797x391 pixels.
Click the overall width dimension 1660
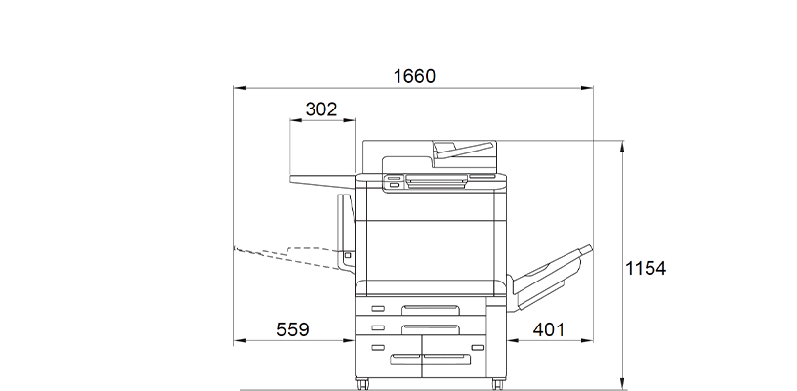pyautogui.click(x=413, y=76)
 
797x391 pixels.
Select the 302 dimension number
pyautogui.click(x=321, y=109)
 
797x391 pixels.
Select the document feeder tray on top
pyautogui.click(x=463, y=149)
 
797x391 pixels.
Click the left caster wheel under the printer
pyautogui.click(x=363, y=382)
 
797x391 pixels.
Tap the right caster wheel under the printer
pyautogui.click(x=498, y=382)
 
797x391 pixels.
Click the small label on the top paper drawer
pyautogui.click(x=378, y=310)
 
